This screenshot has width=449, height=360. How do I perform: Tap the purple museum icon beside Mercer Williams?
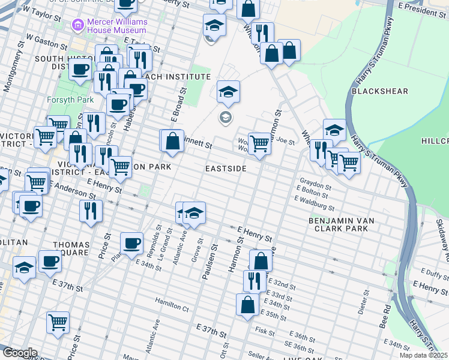point(77,25)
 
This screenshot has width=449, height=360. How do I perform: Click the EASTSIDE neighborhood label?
point(226,169)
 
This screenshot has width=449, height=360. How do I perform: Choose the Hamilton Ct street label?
point(172,307)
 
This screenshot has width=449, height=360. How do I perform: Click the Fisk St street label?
point(264,331)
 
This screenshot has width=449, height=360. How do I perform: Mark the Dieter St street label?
point(363,298)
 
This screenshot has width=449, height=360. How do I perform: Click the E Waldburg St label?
point(315,206)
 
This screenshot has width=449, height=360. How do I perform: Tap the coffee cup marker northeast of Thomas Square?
point(131,244)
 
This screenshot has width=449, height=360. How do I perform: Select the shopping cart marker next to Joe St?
point(259,143)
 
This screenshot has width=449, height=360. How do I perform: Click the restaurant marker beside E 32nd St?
point(255,280)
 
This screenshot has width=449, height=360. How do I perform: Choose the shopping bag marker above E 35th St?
point(247,304)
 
